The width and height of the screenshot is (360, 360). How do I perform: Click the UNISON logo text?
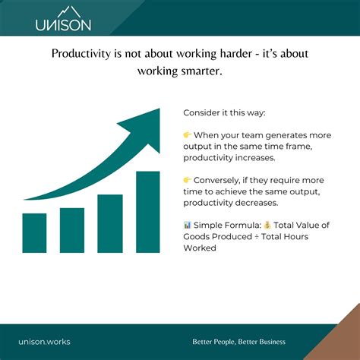[63, 24]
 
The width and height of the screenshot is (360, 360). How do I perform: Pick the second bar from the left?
[72, 229]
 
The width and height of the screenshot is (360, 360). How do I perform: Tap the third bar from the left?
[110, 223]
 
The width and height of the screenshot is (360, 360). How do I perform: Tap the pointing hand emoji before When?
[188, 134]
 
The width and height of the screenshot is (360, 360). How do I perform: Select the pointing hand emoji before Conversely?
[188, 181]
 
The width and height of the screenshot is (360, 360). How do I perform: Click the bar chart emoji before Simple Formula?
[188, 226]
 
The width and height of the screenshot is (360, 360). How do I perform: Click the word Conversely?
[220, 181]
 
